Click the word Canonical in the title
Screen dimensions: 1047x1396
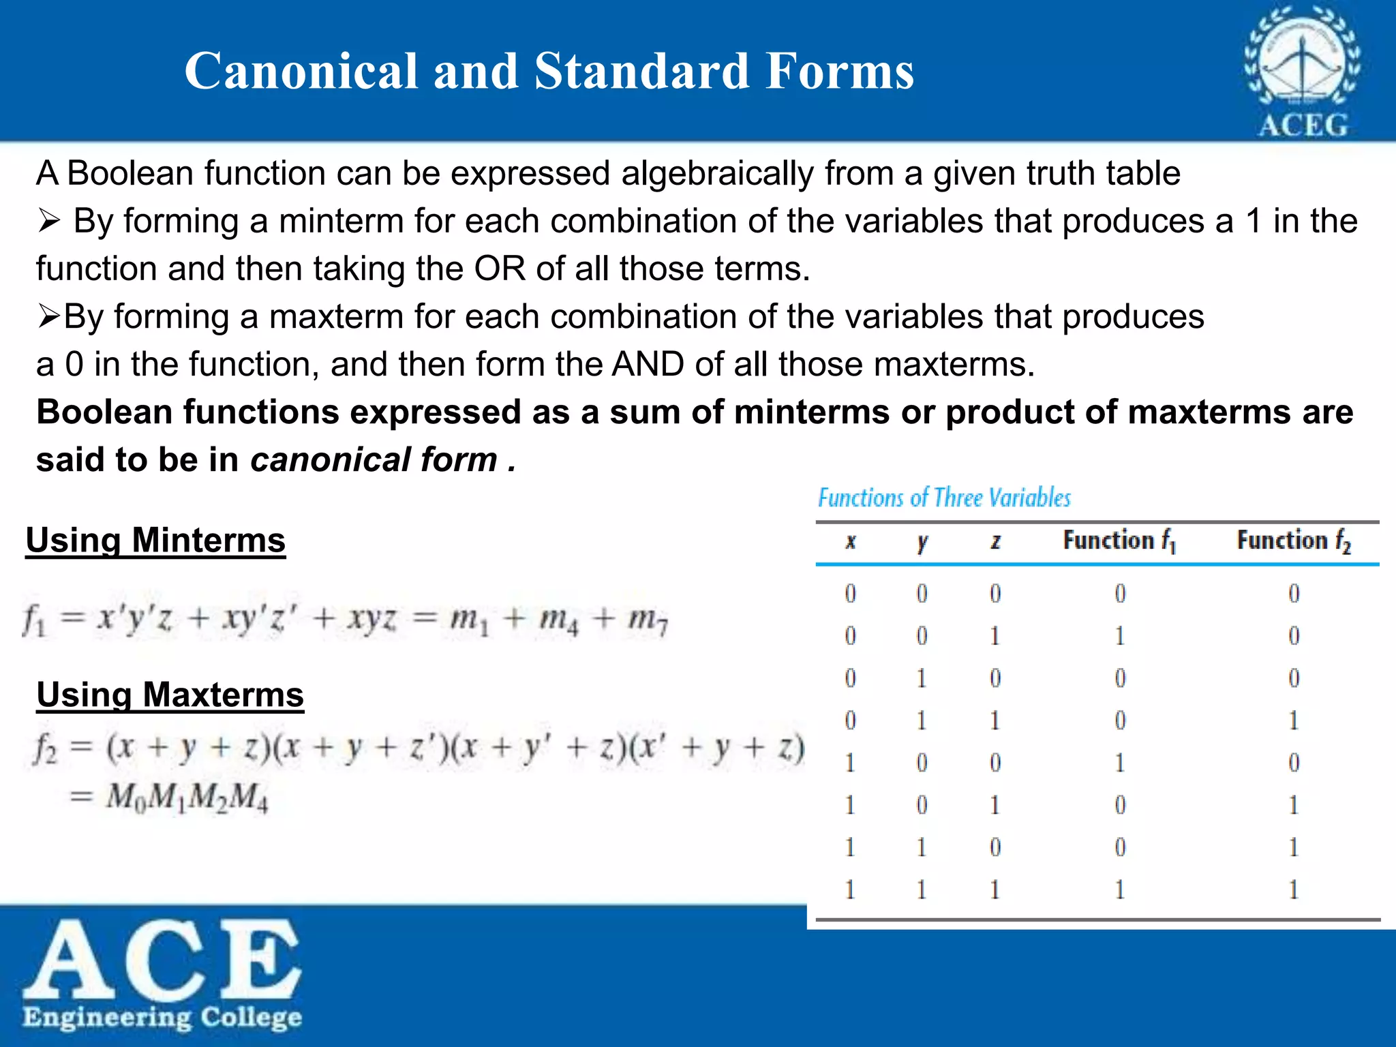[301, 71]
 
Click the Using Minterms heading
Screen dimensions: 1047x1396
[155, 541]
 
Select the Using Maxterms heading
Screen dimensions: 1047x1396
[170, 695]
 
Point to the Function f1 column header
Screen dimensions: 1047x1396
[1119, 541]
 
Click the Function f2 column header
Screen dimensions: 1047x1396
[1293, 541]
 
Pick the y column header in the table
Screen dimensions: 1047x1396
[922, 542]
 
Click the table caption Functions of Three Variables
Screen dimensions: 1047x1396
[944, 498]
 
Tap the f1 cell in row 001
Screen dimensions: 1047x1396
[1119, 636]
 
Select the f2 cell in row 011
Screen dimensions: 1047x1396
[1293, 720]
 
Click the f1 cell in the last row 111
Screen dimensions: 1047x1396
[1119, 890]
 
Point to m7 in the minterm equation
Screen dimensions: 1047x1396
[648, 620]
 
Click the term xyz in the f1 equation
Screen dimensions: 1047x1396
[372, 620]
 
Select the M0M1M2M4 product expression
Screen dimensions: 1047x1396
[187, 797]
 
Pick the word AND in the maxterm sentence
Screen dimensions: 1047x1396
[648, 364]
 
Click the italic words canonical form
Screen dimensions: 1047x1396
[374, 459]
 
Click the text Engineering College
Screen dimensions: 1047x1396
[162, 1017]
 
